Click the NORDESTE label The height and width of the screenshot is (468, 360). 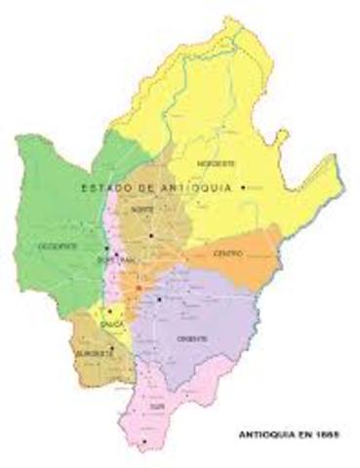(216, 163)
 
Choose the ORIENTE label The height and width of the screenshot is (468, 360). (193, 336)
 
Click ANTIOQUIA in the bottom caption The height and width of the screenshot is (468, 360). (272, 430)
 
